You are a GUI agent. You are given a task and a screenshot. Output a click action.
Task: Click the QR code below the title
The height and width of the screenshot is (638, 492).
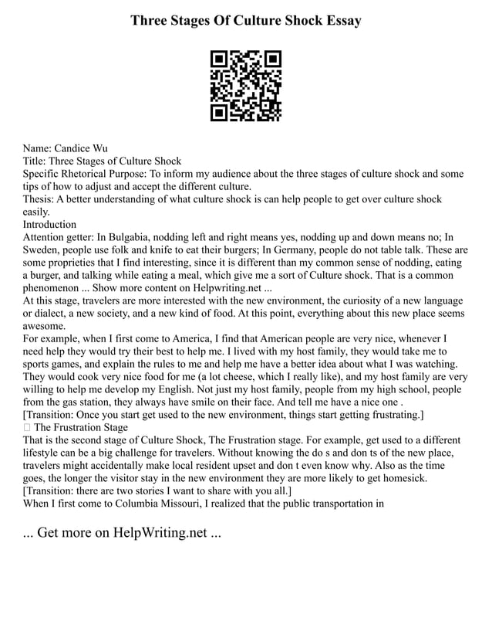[x=246, y=87]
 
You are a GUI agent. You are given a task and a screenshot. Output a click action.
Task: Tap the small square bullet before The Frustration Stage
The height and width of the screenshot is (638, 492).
[x=27, y=427]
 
